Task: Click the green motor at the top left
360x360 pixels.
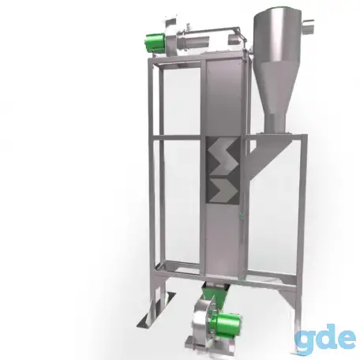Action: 155,43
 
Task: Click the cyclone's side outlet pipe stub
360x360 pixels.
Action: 307,26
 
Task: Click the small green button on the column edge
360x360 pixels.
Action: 240,216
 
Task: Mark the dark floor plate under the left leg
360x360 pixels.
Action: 156,310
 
